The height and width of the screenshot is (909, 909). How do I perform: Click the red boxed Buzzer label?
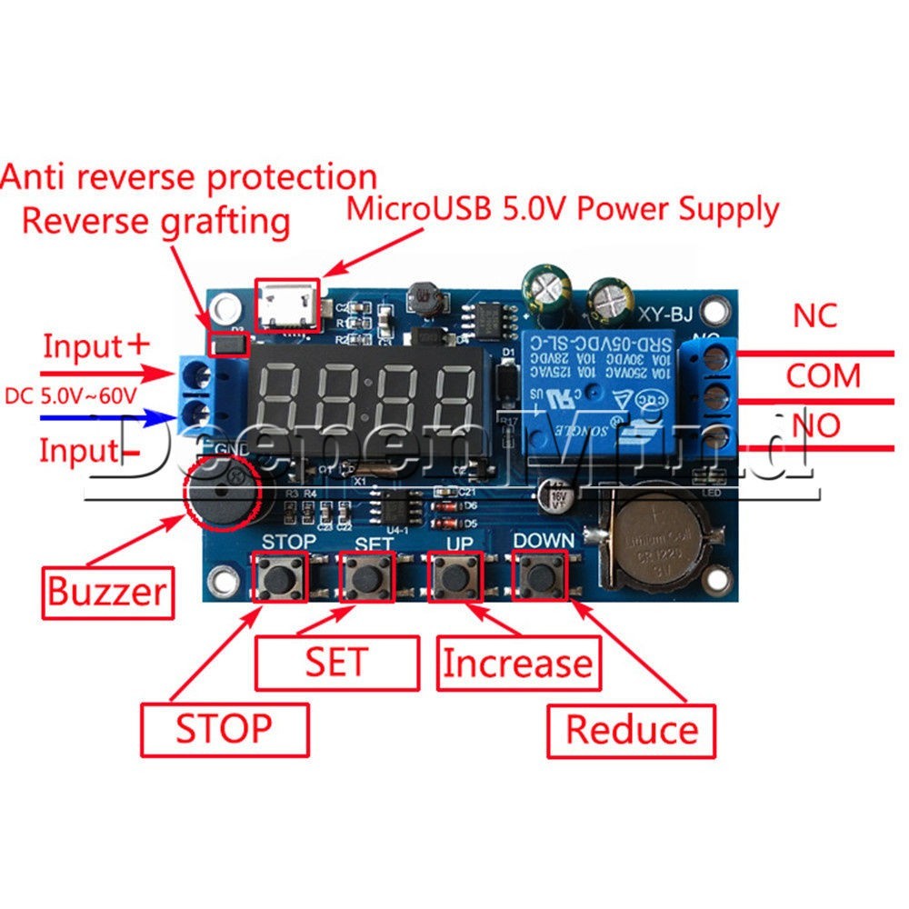pos(107,592)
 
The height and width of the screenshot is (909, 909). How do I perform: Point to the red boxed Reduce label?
pos(632,729)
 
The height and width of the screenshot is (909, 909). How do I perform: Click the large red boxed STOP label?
pos(224,728)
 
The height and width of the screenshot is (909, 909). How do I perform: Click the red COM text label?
pos(823,375)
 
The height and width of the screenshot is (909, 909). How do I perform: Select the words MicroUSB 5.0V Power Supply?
pos(564,209)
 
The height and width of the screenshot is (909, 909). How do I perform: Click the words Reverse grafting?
pos(155,220)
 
